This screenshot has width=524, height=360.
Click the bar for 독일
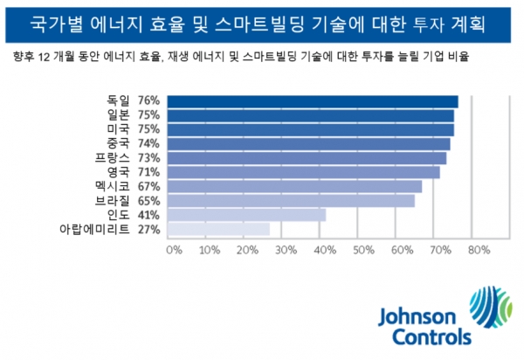point(312,101)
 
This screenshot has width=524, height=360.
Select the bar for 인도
point(245,214)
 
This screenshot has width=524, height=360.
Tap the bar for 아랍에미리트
point(218,229)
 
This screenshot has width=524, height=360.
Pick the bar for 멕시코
point(294,186)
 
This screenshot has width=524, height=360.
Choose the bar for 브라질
point(291,200)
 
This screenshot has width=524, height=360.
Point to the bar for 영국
point(302,172)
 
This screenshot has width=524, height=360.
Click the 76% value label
point(148,101)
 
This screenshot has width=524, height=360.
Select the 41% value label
point(148,214)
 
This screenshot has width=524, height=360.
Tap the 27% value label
point(148,229)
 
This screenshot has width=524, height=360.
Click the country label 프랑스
point(113,158)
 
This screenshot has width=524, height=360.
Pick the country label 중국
point(119,143)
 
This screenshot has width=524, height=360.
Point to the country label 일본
point(119,115)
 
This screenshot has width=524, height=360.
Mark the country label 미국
point(119,129)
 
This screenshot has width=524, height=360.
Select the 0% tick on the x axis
point(173,251)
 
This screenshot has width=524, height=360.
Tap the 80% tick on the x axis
point(477,251)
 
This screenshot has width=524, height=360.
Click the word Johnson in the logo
point(416,317)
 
